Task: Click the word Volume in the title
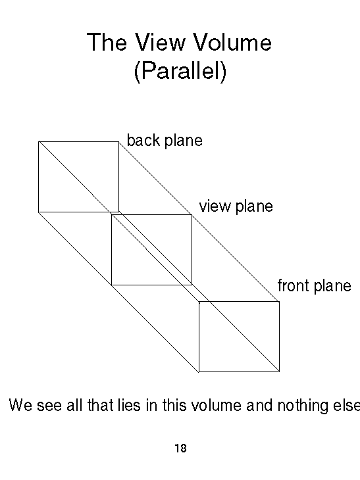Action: [x=232, y=42]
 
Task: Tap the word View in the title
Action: [x=160, y=42]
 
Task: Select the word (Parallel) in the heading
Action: [x=180, y=71]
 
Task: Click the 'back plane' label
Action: [x=165, y=141]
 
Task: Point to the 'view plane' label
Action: [x=236, y=206]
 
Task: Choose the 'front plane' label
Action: [x=315, y=285]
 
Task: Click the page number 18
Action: [x=180, y=448]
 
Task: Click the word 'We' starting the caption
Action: [x=20, y=404]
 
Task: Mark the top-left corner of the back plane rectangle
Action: [x=39, y=141]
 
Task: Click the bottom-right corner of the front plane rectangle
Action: [x=280, y=372]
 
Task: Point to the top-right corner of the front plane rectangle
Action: [x=280, y=302]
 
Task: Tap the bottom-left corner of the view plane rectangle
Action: [x=111, y=285]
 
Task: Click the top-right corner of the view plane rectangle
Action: [x=192, y=214]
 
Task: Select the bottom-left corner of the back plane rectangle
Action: [x=39, y=212]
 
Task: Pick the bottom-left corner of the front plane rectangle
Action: [x=199, y=372]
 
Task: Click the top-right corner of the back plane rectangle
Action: [x=119, y=141]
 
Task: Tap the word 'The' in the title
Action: [x=107, y=42]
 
